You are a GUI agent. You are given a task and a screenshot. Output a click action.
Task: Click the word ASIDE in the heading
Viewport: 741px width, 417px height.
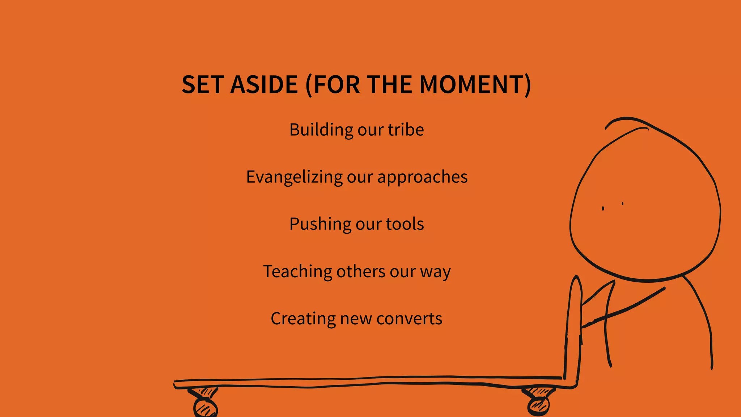[264, 85]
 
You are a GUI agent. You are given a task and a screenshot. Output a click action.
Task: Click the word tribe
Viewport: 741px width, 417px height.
[406, 130]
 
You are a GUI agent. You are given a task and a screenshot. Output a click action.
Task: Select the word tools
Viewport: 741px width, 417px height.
[405, 224]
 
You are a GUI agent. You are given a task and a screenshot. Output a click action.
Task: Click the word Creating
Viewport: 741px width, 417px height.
[303, 319]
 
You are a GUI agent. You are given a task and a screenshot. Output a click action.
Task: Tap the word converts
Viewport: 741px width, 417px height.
[409, 319]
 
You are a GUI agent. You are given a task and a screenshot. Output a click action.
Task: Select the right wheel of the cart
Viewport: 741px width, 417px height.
[538, 406]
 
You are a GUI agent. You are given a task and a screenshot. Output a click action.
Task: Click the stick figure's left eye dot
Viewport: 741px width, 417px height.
[603, 208]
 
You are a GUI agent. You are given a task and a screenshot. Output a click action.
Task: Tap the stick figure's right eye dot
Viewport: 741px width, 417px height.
[623, 204]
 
